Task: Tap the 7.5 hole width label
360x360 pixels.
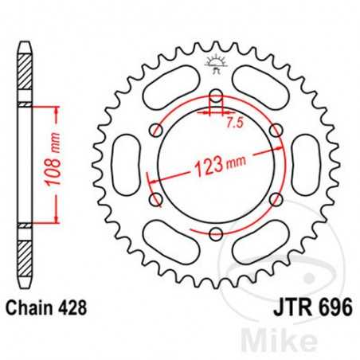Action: (x=233, y=123)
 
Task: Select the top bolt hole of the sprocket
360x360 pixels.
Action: (x=215, y=99)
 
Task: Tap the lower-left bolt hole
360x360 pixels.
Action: (x=157, y=198)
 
